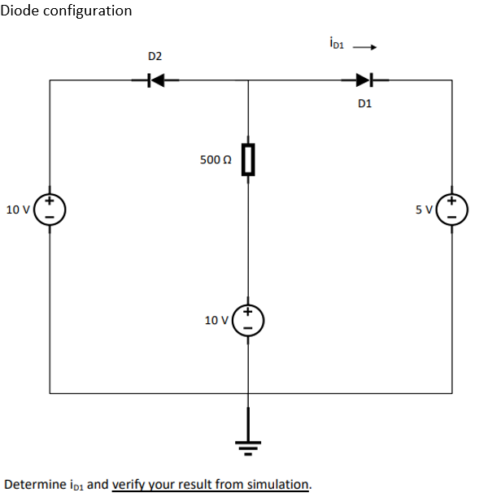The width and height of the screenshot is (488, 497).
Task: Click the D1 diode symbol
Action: (x=364, y=80)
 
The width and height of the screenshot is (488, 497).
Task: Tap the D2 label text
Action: (x=155, y=56)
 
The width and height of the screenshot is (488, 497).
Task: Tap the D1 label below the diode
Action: (x=364, y=104)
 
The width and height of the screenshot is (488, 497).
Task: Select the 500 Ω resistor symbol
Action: (x=248, y=159)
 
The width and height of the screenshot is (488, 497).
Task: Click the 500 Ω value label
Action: (x=216, y=160)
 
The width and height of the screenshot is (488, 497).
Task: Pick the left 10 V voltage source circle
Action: (x=50, y=210)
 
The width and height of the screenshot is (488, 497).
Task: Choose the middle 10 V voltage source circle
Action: (x=248, y=321)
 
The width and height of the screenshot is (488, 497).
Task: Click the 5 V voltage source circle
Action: (x=452, y=210)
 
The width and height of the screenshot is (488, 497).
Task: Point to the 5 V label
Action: (x=424, y=210)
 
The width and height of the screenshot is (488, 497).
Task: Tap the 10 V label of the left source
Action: (x=17, y=210)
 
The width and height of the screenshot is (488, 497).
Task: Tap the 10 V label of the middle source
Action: (x=216, y=321)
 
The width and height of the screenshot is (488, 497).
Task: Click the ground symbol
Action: (x=248, y=443)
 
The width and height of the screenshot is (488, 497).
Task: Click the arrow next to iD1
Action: (x=364, y=45)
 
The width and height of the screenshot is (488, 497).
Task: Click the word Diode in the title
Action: (x=20, y=11)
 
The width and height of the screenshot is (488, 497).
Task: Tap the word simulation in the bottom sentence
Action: (x=279, y=484)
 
